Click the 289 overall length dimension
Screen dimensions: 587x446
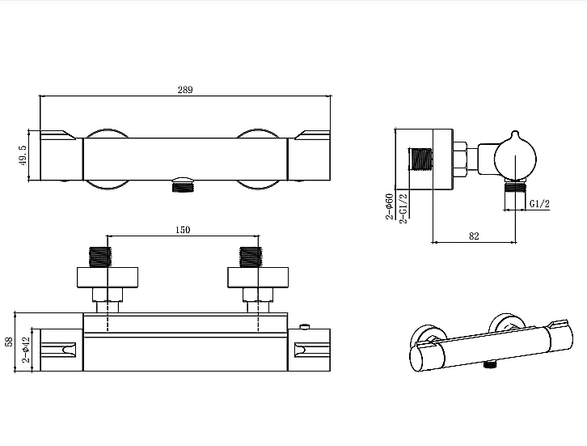(185, 90)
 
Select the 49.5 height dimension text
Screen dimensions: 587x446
(23, 155)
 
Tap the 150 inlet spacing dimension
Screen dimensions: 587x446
(183, 230)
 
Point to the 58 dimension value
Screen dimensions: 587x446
(9, 342)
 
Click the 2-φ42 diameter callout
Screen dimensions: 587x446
(25, 350)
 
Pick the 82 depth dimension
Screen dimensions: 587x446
(474, 236)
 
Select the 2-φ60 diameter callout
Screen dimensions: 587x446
(390, 206)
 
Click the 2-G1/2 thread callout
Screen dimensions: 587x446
(403, 208)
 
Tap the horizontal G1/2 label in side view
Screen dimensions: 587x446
(539, 204)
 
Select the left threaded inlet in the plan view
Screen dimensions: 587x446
(100, 257)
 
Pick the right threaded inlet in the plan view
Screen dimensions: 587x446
(250, 257)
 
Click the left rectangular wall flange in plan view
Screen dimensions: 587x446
(108, 278)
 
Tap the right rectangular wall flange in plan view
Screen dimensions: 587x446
(258, 278)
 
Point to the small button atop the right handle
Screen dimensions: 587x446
(306, 327)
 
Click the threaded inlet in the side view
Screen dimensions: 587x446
(421, 159)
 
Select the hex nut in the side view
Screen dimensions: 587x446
(460, 159)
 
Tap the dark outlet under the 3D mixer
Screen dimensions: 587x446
(490, 364)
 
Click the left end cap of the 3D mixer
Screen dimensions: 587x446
(427, 357)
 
